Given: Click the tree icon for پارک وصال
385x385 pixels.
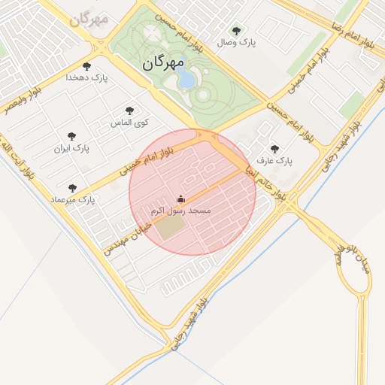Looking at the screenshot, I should pyautogui.click(x=236, y=31).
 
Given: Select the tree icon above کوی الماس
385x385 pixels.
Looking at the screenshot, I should pyautogui.click(x=130, y=111).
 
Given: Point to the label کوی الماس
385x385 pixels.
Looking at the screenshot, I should pyautogui.click(x=130, y=122).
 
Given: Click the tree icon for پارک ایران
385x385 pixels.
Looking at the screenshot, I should pyautogui.click(x=71, y=137).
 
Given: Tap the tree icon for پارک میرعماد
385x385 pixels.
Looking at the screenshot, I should pyautogui.click(x=72, y=188).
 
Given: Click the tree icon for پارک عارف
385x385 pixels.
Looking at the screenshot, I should pyautogui.click(x=274, y=149).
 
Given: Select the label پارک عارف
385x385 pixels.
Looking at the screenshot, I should pyautogui.click(x=274, y=161).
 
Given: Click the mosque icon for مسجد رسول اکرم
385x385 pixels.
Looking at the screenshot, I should pyautogui.click(x=180, y=199).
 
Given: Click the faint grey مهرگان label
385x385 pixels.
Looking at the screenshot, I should pyautogui.click(x=89, y=17).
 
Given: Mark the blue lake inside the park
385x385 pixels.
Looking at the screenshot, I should pyautogui.click(x=187, y=78).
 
